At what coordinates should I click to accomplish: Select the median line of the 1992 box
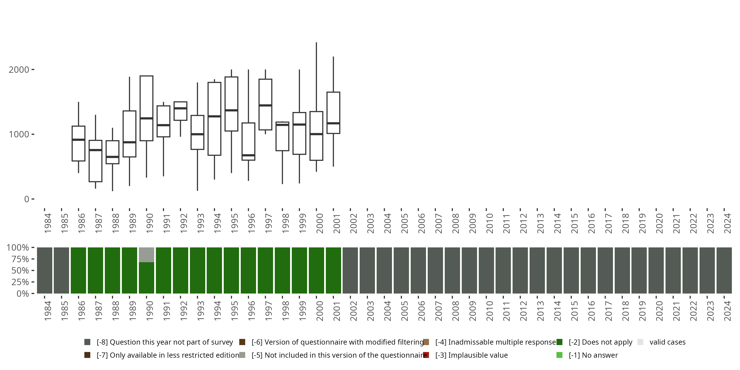tap(180, 108)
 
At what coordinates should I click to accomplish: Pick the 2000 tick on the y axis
tap(33, 70)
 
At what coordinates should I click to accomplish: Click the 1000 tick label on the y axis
tap(19, 134)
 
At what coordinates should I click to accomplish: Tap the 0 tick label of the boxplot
tap(27, 199)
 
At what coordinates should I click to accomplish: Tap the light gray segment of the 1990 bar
tap(146, 255)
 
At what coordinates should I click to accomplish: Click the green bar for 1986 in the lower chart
tap(78, 270)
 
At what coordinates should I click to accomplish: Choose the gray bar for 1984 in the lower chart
tap(45, 270)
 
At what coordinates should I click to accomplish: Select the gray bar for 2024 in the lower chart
tap(724, 270)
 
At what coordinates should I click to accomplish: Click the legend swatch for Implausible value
tap(426, 355)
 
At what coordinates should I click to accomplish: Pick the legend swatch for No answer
tap(559, 355)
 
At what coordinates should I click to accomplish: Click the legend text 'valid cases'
tap(667, 342)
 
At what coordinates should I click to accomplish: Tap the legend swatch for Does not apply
tap(559, 342)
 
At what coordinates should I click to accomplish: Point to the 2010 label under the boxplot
tap(489, 223)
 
